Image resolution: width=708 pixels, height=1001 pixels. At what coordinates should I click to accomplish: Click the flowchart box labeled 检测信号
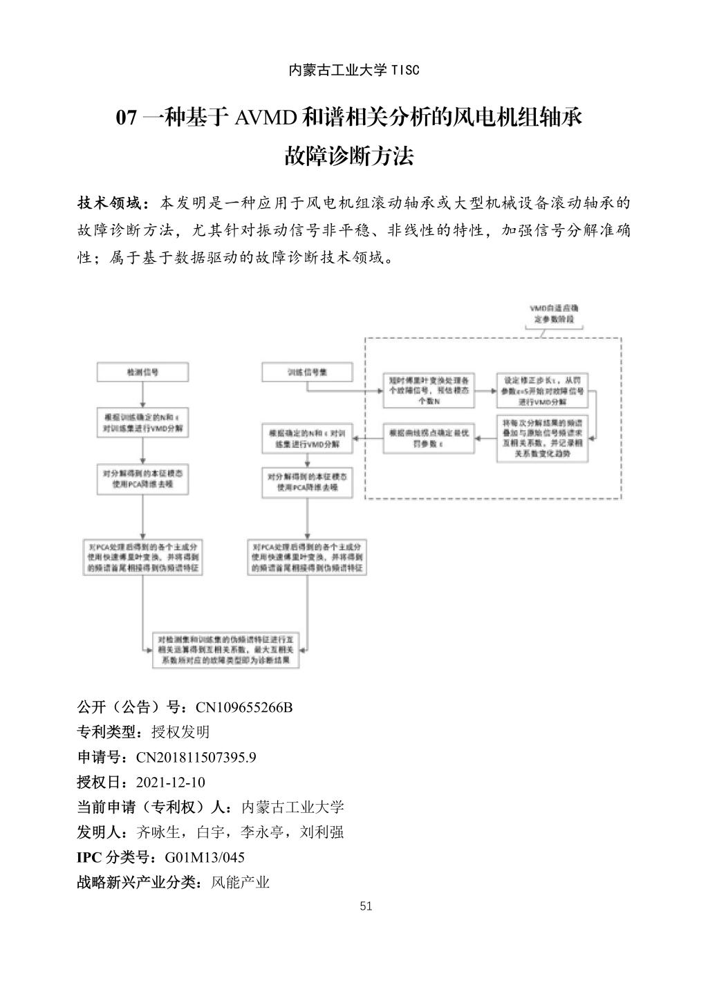point(142,372)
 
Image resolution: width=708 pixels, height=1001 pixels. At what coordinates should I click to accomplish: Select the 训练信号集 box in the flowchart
point(307,372)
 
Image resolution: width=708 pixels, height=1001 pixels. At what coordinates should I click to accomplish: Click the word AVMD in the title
point(266,118)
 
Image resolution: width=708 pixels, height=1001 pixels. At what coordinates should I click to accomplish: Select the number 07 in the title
point(127,118)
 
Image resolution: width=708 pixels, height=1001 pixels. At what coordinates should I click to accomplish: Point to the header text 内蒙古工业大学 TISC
point(353,70)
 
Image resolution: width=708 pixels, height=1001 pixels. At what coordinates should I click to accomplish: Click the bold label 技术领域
point(112,203)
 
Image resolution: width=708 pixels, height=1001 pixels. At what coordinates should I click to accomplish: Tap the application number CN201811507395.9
point(196,757)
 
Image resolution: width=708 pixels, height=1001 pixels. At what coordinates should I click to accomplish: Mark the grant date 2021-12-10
point(171,782)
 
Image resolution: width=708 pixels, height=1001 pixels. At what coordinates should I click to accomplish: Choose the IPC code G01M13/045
point(205,857)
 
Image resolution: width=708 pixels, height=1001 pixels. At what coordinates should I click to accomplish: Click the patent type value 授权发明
point(180,732)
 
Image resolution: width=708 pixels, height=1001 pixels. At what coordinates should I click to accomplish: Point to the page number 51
point(366,906)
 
